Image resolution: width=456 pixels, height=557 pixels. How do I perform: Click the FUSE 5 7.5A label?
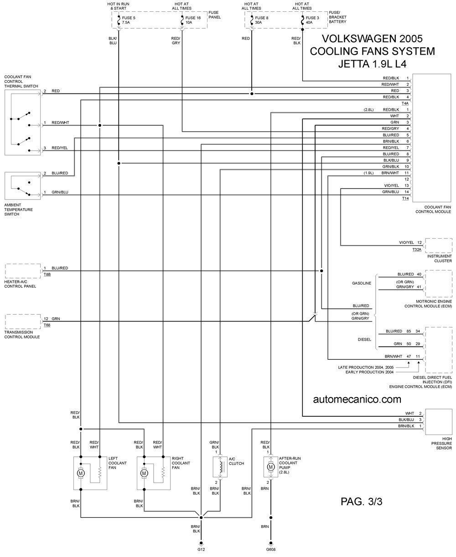129,20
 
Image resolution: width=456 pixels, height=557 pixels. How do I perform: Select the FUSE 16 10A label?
193,20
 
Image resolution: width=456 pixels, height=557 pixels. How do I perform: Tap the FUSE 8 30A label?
262,20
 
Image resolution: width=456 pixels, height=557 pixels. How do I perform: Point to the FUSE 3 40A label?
312,20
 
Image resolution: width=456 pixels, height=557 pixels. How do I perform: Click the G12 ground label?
201,549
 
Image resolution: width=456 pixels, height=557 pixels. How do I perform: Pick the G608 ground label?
270,549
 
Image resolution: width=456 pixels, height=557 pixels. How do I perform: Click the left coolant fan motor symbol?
81,473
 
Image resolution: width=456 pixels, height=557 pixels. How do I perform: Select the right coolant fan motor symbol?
144,473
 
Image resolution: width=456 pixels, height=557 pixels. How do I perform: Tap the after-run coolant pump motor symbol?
270,467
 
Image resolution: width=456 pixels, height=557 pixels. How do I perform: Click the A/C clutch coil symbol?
220,467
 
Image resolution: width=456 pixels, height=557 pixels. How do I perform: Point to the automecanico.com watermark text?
357,399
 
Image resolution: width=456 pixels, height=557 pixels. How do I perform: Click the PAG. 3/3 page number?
361,501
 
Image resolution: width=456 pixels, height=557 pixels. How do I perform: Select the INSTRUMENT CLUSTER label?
439,258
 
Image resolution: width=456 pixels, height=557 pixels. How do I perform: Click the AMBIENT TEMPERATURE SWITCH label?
19,210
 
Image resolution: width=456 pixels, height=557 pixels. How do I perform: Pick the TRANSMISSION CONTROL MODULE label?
22,334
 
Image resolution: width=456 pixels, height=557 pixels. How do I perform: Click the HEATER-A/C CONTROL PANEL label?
20,284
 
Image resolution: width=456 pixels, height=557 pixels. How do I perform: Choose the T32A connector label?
417,249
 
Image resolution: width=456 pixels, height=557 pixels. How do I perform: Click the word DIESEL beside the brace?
364,339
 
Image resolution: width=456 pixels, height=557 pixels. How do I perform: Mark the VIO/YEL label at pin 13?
391,185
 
